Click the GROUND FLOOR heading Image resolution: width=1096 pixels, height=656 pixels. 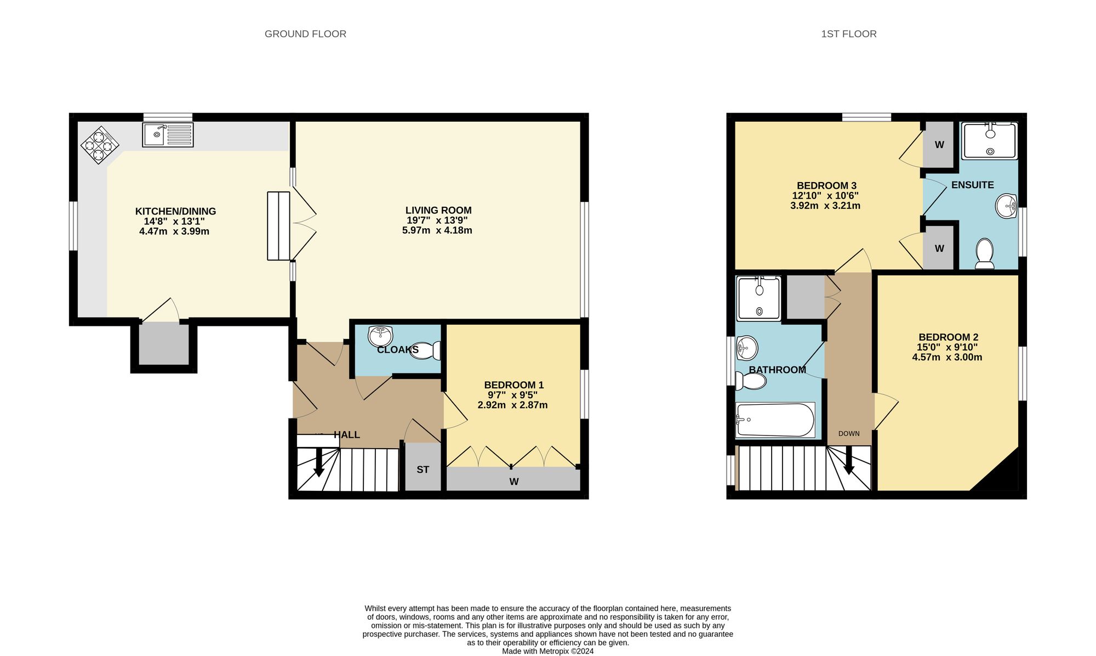click(305, 34)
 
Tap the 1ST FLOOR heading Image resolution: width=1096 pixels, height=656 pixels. click(848, 34)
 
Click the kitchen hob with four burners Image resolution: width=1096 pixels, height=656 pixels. click(100, 145)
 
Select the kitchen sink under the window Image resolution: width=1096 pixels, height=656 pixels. click(168, 135)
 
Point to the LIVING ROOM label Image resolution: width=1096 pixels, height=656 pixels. click(438, 210)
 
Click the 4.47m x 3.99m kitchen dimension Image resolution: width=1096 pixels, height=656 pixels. click(174, 231)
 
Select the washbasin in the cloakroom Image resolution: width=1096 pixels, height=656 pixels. click(380, 336)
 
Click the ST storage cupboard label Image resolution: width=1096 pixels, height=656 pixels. click(423, 470)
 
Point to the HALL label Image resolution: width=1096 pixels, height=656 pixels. click(346, 435)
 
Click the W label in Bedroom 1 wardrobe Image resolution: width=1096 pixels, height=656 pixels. click(513, 482)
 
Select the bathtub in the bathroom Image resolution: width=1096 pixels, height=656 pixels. click(775, 421)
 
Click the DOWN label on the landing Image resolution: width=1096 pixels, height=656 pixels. click(848, 434)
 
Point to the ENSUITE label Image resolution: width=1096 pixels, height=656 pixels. click(972, 185)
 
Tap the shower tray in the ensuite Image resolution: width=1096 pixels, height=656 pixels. click(989, 141)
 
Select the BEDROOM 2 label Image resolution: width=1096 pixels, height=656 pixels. click(948, 337)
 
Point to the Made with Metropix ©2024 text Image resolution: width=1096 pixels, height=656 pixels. click(547, 652)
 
